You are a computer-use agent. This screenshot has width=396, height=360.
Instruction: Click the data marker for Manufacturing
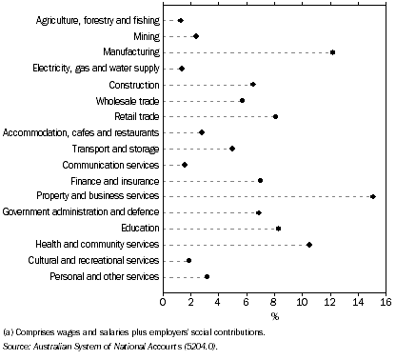332,52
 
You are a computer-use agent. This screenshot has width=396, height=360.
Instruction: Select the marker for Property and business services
373,196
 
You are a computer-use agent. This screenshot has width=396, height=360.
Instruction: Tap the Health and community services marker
309,245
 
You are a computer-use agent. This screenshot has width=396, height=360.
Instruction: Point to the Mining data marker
196,36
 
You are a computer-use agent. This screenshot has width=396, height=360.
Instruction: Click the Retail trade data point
275,116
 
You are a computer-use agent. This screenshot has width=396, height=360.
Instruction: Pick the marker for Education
278,229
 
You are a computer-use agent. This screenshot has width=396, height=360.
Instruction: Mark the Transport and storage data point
232,149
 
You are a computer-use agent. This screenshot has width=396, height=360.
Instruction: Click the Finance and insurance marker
260,180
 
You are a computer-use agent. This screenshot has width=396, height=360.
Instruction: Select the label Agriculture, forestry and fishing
84,20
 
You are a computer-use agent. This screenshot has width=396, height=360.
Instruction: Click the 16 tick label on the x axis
386,302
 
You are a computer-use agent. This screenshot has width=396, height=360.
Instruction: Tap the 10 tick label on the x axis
302,302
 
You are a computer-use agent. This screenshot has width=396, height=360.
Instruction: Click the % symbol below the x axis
274,315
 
